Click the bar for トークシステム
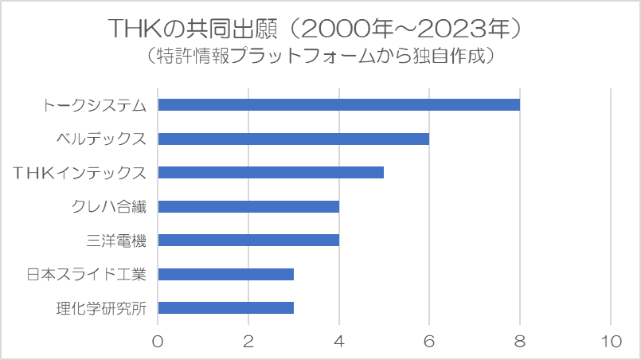click(x=338, y=105)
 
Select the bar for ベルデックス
click(x=293, y=139)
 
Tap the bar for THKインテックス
click(x=271, y=173)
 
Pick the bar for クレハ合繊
click(x=248, y=207)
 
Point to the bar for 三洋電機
click(x=248, y=241)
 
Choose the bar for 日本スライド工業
click(x=225, y=275)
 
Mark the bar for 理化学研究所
click(x=225, y=308)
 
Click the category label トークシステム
click(x=95, y=105)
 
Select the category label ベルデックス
click(x=101, y=139)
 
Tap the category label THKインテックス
click(x=83, y=173)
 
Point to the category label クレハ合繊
click(x=109, y=207)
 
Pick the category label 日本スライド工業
click(x=87, y=275)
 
